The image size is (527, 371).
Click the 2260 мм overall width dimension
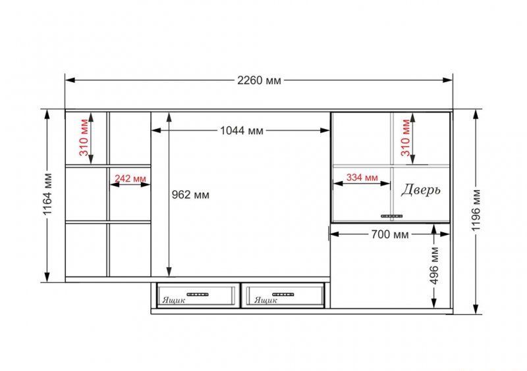pyautogui.click(x=259, y=80)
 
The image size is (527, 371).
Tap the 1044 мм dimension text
pyautogui.click(x=242, y=131)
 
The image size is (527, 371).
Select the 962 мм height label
pyautogui.click(x=190, y=195)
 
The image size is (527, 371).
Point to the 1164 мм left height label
pyautogui.click(x=47, y=194)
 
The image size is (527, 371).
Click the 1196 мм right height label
pyautogui.click(x=476, y=210)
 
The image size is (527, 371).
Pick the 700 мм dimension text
pyautogui.click(x=390, y=234)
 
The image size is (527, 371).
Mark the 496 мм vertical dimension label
pyautogui.click(x=434, y=266)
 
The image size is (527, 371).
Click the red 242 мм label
pyautogui.click(x=130, y=178)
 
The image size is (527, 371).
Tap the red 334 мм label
pyautogui.click(x=362, y=177)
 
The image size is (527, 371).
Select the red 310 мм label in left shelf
pyautogui.click(x=84, y=137)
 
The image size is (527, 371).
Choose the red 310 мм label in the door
pyautogui.click(x=406, y=137)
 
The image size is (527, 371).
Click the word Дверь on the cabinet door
pyautogui.click(x=420, y=189)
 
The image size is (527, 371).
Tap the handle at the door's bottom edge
pyautogui.click(x=391, y=216)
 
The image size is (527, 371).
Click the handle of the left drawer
pyautogui.click(x=198, y=295)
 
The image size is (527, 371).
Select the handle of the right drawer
pyautogui.click(x=283, y=295)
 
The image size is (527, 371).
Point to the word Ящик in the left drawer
pyautogui.click(x=174, y=300)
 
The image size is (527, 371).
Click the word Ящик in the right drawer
pyautogui.click(x=265, y=300)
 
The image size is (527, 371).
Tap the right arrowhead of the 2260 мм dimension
pyautogui.click(x=448, y=80)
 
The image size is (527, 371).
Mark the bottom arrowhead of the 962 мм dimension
pyautogui.click(x=169, y=272)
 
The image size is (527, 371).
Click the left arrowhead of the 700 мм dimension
pyautogui.click(x=335, y=234)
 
